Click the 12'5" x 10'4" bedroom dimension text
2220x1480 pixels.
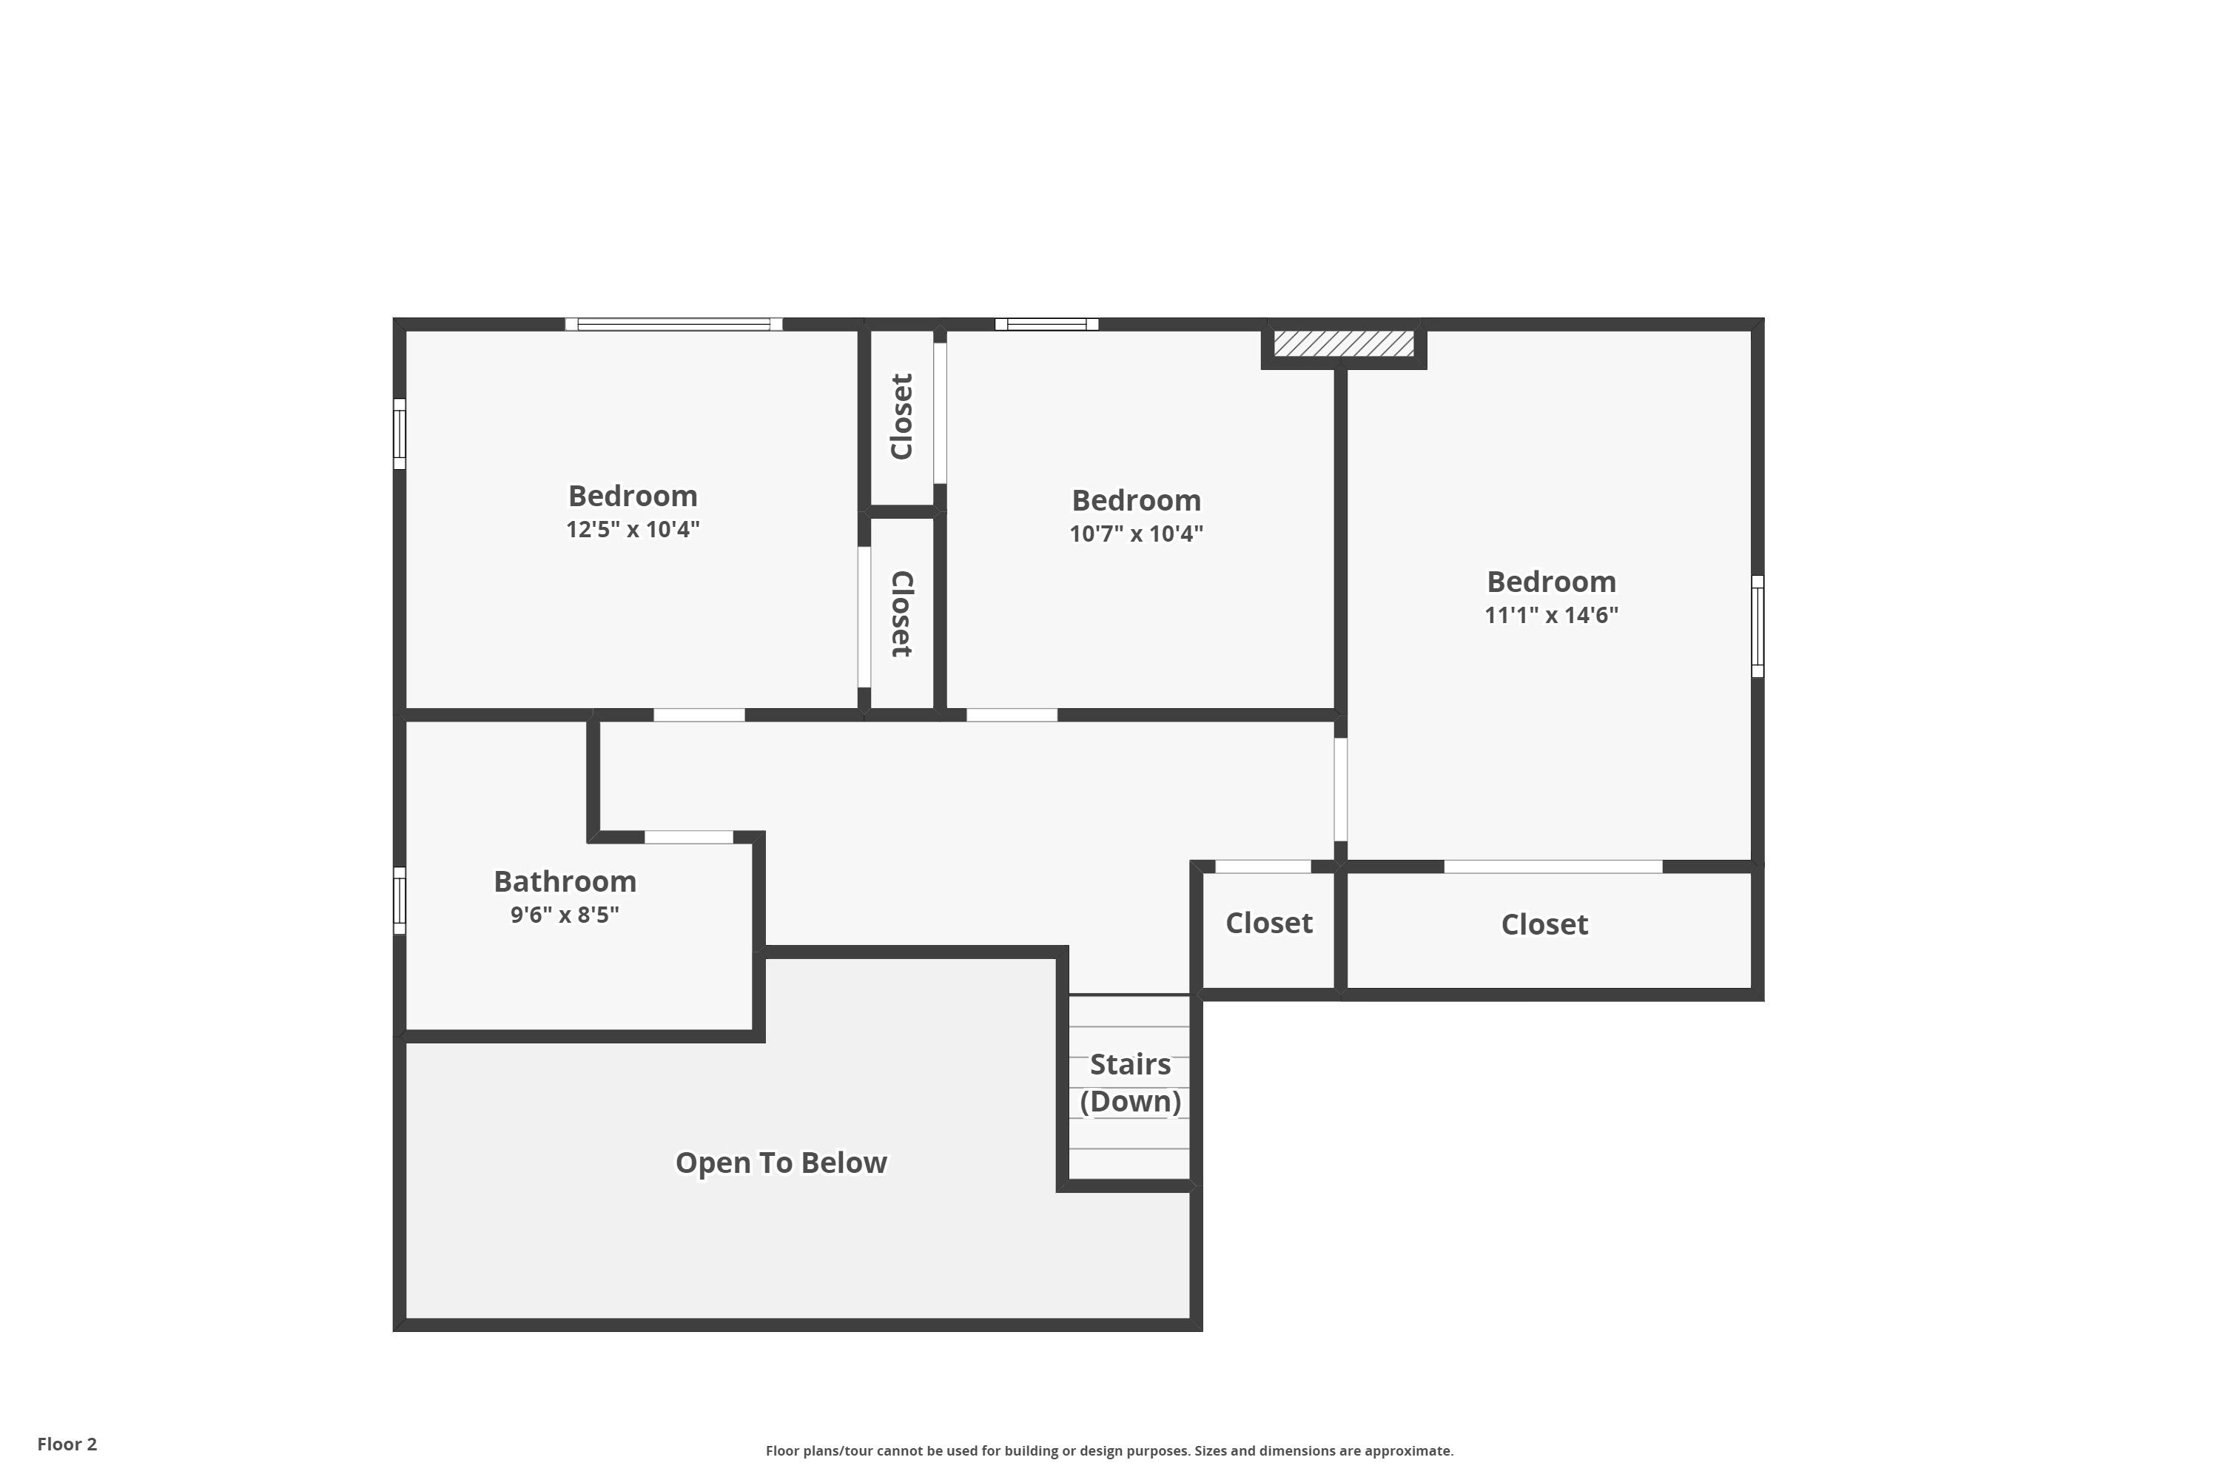[x=633, y=530]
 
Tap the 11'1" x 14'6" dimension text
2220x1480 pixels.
[x=1551, y=616]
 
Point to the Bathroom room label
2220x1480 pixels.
[x=565, y=881]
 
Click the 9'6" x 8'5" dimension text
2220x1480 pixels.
[x=565, y=915]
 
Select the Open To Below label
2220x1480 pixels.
[x=781, y=1163]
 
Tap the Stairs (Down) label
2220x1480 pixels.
[x=1130, y=1083]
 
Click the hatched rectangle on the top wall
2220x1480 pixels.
[x=1343, y=343]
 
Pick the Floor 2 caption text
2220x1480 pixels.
[x=67, y=1444]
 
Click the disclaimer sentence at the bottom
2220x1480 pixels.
[x=1109, y=1450]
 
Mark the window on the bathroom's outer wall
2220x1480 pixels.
[x=400, y=901]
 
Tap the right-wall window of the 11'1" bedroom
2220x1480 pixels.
[x=1757, y=626]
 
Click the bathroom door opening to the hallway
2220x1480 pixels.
[x=688, y=837]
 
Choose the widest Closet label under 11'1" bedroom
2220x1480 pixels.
[x=1544, y=925]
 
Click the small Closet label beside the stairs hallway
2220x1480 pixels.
[x=1268, y=923]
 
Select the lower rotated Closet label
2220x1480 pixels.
[x=902, y=614]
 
